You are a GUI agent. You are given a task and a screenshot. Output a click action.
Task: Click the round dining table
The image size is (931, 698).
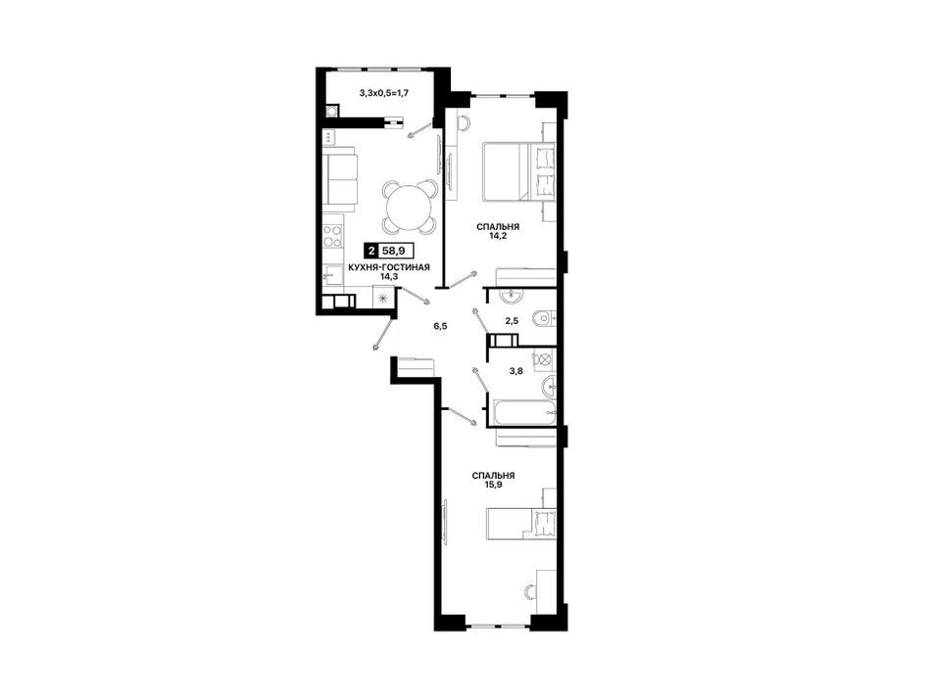410,208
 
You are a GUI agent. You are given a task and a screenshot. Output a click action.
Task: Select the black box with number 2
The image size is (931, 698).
371,251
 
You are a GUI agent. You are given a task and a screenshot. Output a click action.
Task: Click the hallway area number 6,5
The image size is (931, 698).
440,326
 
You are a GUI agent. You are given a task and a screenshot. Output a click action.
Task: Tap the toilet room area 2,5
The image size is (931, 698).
512,321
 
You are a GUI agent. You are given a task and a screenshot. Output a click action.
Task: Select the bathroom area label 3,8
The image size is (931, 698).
515,371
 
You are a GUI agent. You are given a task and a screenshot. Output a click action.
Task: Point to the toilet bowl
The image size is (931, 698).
542,319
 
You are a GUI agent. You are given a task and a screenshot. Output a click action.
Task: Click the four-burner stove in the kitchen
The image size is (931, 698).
332,236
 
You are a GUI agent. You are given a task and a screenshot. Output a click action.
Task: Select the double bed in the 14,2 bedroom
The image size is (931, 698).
519,170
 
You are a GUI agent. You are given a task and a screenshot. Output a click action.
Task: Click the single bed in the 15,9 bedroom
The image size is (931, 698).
521,523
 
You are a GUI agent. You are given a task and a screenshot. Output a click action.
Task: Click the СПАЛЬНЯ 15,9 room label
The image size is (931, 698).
493,480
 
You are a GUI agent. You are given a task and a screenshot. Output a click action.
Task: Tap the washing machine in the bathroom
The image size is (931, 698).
544,359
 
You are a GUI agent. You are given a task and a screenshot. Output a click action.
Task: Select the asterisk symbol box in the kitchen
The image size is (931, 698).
382,297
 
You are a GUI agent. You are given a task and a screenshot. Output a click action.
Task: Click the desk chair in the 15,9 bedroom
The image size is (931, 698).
530,590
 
